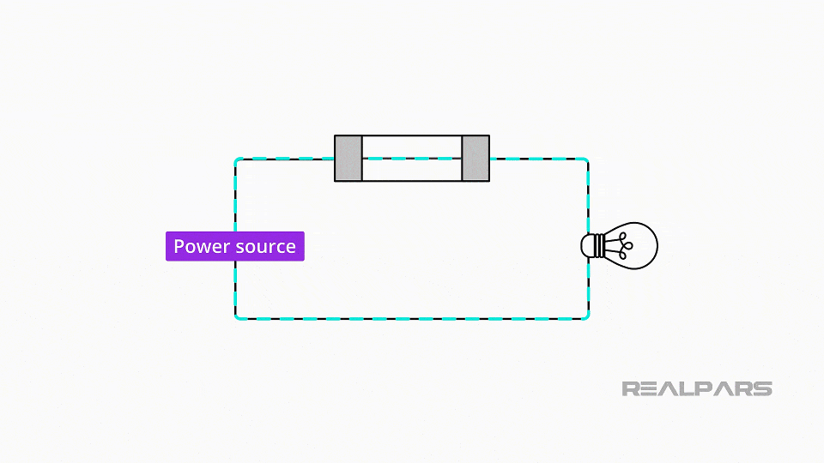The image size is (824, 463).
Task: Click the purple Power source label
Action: pos(234,246)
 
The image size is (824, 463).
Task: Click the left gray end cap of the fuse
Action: pos(348,159)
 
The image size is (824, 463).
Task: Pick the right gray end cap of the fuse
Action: pos(476,159)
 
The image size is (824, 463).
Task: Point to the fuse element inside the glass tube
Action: pos(412,159)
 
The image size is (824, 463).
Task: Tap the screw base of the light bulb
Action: pos(592,246)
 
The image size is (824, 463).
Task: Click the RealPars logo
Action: pos(696,388)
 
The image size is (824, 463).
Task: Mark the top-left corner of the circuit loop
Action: pos(236,159)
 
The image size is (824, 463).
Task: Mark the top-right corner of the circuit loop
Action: pos(587,159)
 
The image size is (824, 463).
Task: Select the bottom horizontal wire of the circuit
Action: pos(412,319)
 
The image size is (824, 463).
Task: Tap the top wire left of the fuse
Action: pos(285,159)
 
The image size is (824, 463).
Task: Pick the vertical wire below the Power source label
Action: pos(235,289)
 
